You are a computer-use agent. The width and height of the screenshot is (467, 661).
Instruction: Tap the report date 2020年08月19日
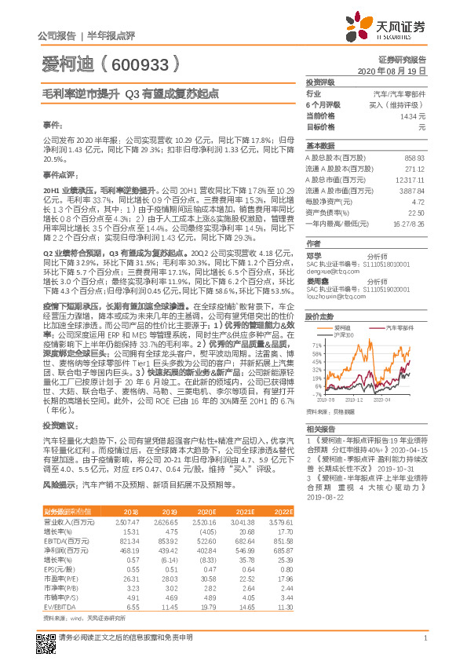[391, 71]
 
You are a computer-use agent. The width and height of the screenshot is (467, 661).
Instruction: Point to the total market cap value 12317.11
[411, 180]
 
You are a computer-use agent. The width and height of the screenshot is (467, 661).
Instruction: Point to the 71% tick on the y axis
[316, 345]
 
